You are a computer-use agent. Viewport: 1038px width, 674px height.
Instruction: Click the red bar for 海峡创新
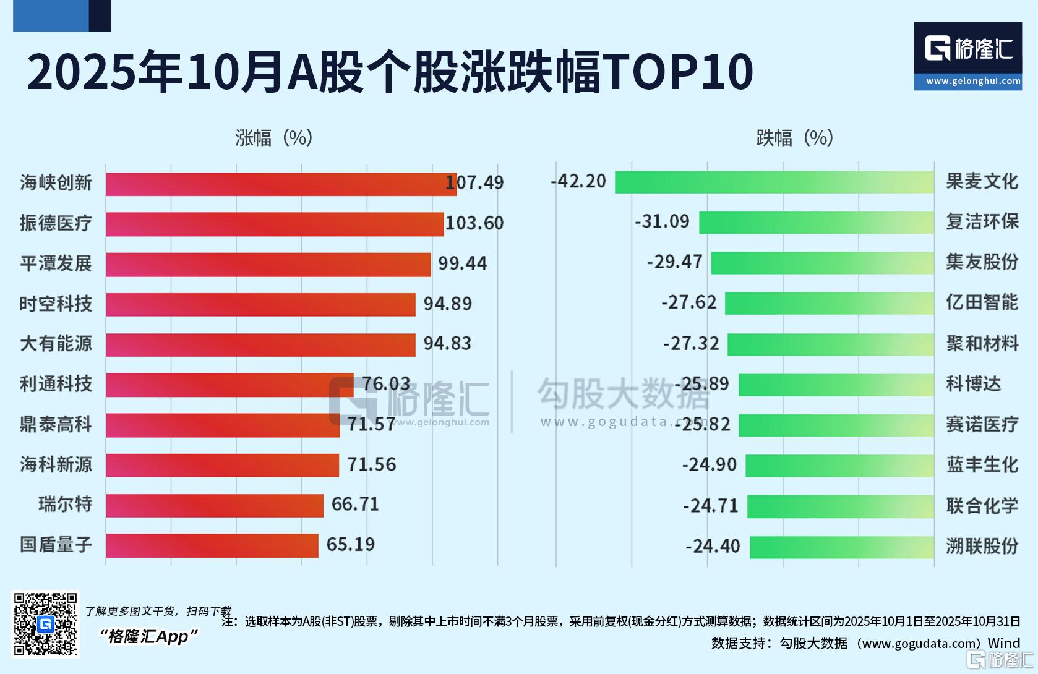click(281, 184)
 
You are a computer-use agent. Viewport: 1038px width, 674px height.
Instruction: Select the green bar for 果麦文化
click(774, 182)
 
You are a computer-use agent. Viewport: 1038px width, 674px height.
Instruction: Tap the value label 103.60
click(474, 223)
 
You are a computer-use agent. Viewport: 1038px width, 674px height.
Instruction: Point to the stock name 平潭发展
click(56, 264)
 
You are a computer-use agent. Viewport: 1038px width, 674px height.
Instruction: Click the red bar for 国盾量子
click(212, 545)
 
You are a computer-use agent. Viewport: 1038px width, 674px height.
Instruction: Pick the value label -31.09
click(662, 221)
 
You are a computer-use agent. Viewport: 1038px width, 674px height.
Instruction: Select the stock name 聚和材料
click(982, 344)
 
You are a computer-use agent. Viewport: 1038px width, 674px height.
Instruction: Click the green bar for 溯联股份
click(841, 547)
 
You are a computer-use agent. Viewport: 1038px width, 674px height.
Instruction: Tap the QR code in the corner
click(46, 624)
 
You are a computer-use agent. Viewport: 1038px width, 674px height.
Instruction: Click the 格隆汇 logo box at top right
click(967, 56)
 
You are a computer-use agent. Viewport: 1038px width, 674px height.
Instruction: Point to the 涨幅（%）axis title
click(273, 138)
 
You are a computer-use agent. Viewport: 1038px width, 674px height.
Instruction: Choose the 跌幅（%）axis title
click(794, 138)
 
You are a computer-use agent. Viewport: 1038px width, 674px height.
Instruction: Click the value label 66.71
click(355, 505)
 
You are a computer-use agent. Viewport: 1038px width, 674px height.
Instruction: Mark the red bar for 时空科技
click(260, 304)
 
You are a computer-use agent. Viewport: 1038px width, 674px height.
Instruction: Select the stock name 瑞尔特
click(65, 505)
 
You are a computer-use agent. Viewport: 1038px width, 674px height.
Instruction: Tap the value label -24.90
click(710, 464)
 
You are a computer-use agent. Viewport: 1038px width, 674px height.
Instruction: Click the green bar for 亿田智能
click(829, 303)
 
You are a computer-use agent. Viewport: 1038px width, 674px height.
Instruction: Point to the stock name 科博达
click(973, 384)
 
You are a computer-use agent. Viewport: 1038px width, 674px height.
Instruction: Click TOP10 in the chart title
click(677, 72)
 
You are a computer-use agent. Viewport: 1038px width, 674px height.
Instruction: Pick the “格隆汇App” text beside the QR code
click(149, 636)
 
